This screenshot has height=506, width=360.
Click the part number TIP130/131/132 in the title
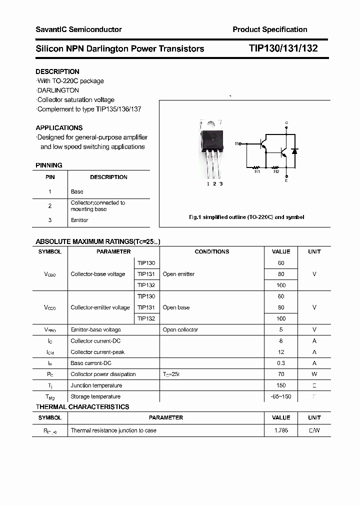point(283,48)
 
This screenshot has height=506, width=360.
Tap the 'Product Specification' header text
point(270,29)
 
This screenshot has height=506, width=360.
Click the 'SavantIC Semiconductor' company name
point(78,29)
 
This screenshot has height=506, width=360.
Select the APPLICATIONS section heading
point(59,127)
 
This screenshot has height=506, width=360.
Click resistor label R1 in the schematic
point(257,172)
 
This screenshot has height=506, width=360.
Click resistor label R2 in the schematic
point(276,172)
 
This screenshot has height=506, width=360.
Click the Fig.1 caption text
point(246,217)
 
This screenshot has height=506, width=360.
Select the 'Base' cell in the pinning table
point(77,191)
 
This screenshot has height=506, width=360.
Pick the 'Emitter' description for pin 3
point(79,220)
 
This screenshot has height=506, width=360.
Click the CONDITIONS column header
point(212,251)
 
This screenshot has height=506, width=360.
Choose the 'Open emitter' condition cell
point(178,274)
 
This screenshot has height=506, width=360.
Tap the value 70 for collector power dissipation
point(281,374)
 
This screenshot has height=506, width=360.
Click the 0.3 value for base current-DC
point(281,363)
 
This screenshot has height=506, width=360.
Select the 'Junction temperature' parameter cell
point(96,385)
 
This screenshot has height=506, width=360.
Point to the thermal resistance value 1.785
point(281,430)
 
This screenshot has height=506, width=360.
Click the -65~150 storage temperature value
point(281,396)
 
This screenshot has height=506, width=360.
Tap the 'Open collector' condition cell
point(180,329)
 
